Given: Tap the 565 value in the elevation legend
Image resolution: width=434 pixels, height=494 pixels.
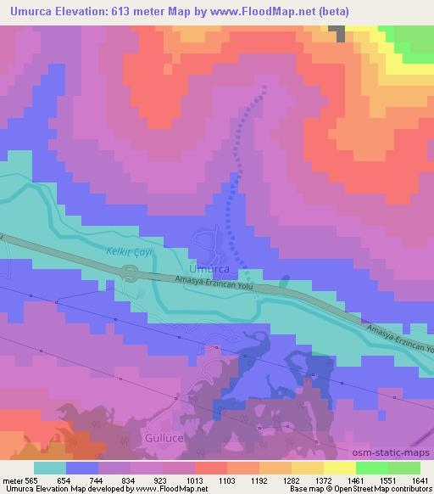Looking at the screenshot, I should pos(33,480).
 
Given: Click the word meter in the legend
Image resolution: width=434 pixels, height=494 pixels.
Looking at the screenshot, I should pos(13,480).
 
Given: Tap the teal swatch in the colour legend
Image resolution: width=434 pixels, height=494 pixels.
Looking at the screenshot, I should pos(48,468).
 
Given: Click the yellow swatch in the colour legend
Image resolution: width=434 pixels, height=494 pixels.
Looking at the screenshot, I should pos(338,468).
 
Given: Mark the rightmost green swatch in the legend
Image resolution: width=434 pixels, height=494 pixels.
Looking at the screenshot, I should pos(404,468).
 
